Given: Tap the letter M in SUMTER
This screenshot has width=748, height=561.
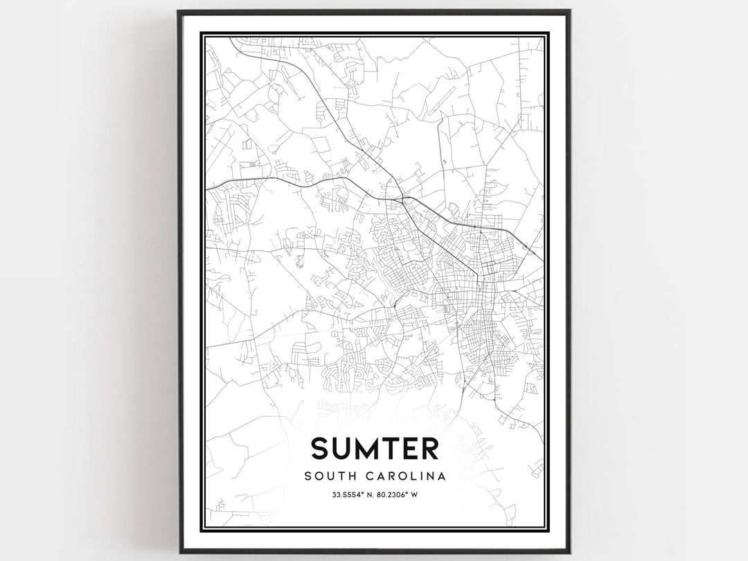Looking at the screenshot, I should tap(371, 448).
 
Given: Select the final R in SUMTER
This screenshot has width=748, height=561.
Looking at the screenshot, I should tap(429, 448).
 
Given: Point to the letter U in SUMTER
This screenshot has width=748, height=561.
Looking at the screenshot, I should tap(344, 448).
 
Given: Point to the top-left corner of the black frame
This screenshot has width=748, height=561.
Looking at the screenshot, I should tap(179, 12).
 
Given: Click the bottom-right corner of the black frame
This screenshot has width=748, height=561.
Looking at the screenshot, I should tap(569, 551).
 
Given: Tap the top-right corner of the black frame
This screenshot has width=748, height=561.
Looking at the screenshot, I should tap(569, 12).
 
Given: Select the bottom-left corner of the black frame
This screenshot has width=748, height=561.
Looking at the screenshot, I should tap(179, 551).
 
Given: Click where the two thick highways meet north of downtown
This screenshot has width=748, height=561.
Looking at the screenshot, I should tap(400, 198).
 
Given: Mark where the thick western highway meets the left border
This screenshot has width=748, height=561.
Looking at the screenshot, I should tap(206, 187).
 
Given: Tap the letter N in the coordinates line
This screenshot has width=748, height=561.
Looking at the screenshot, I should tap(368, 495).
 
